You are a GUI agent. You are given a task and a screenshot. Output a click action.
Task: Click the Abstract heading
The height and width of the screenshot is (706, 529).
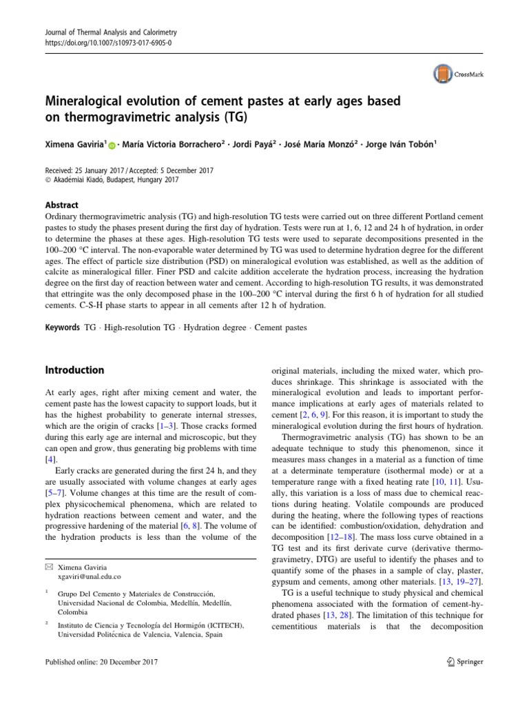[61, 205]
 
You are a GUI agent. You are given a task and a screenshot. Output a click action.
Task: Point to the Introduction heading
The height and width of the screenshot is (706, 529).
[74, 370]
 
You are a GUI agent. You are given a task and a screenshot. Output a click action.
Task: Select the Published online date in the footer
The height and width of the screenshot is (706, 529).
[101, 663]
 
